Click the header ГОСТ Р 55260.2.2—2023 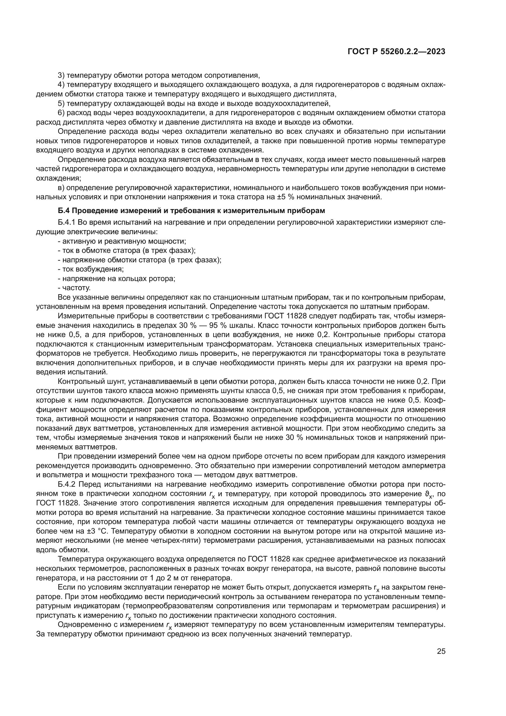[x=396, y=52]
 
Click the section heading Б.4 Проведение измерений [x=191, y=211]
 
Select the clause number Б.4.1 [x=67, y=223]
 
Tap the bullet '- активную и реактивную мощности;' [x=122, y=241]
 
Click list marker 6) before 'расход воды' [x=61, y=113]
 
